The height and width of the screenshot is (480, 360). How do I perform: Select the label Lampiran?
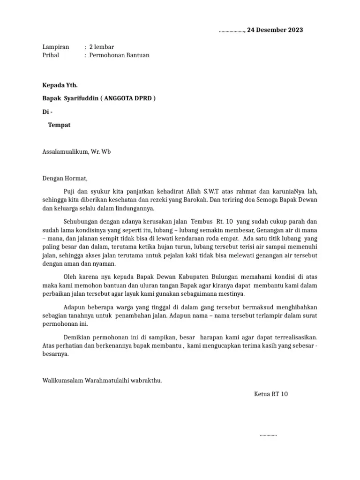(x=56, y=47)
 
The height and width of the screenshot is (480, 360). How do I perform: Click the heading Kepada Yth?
(x=60, y=85)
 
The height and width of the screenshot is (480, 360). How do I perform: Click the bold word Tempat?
(x=60, y=125)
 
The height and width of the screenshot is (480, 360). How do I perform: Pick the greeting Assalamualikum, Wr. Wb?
(x=77, y=152)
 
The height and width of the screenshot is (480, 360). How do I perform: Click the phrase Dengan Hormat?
(x=65, y=178)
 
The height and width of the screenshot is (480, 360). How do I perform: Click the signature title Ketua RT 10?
(x=270, y=394)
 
